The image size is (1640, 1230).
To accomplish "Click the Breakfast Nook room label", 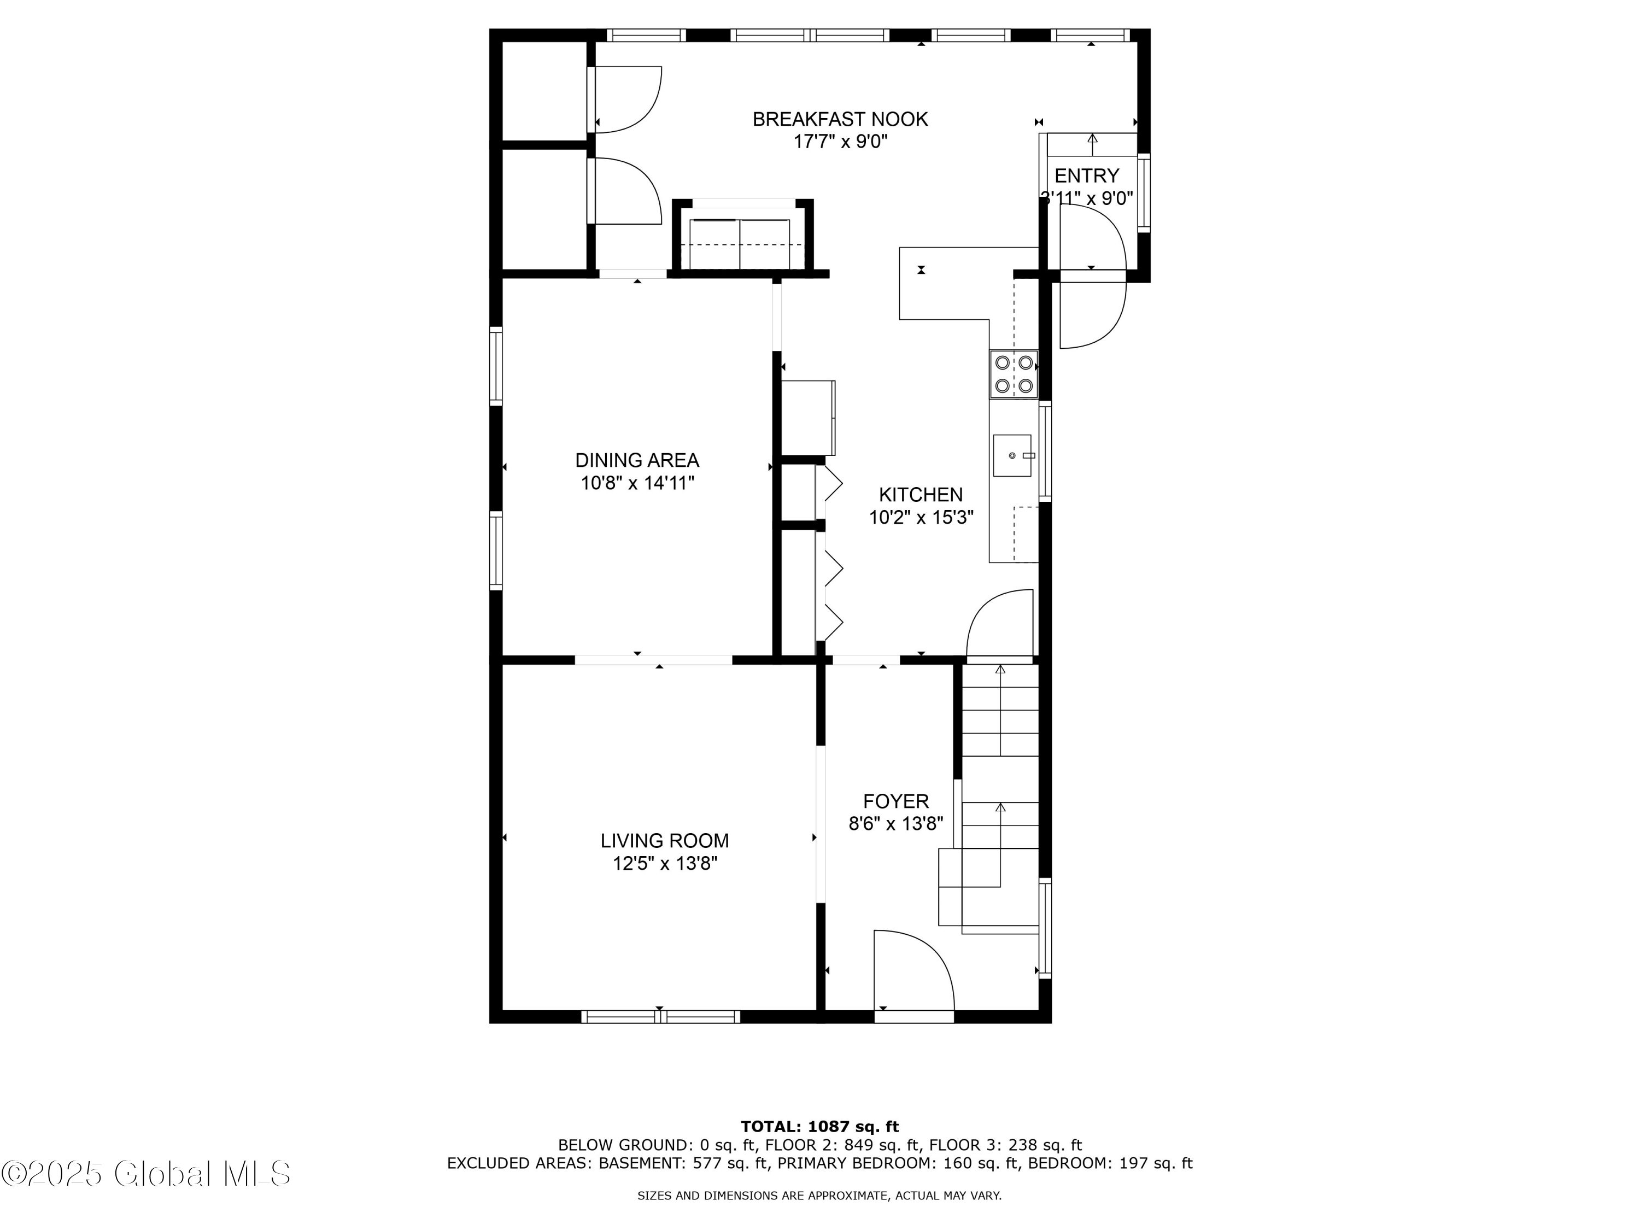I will [x=840, y=119].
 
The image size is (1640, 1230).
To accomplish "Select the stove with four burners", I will [x=1014, y=374].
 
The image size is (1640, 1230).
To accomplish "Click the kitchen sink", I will [x=1012, y=455].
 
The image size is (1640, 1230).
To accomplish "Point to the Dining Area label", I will [x=637, y=460].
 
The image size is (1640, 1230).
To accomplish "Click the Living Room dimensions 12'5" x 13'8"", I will [x=664, y=864].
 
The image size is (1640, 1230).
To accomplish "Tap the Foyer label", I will [x=895, y=801].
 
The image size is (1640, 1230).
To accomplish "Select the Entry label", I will [x=1086, y=175].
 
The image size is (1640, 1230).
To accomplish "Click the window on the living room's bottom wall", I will [x=660, y=1016].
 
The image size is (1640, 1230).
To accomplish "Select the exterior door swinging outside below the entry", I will [x=1092, y=312].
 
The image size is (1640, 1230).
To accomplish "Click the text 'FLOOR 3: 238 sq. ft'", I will [x=1005, y=1145].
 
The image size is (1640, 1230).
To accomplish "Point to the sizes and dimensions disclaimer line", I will [x=819, y=1195].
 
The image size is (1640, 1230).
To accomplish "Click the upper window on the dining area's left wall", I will [x=495, y=366].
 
